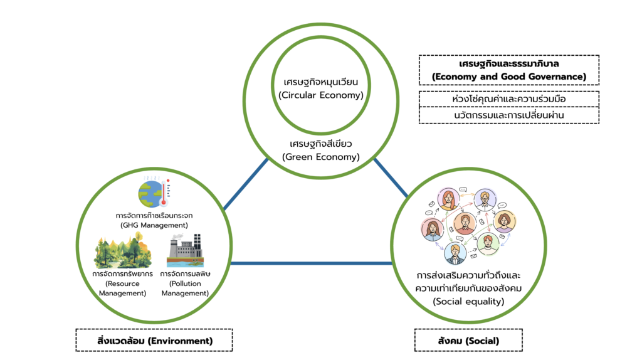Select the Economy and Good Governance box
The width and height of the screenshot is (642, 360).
point(508,70)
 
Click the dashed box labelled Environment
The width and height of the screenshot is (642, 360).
point(154,341)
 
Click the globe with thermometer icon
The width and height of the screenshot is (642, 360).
point(150,192)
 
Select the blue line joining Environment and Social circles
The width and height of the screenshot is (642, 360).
point(313,263)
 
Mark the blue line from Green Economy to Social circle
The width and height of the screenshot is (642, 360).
point(391,178)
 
